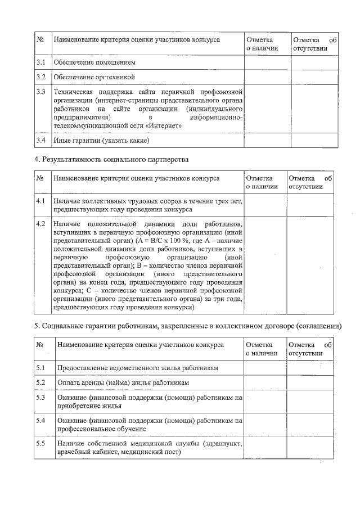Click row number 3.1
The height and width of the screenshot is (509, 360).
(40, 62)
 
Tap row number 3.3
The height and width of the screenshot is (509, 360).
(40, 92)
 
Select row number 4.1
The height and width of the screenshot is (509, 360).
(40, 201)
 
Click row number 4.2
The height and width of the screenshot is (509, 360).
(40, 224)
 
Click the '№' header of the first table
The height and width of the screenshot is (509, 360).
(40, 40)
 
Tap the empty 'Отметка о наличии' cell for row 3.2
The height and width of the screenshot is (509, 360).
(266, 76)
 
